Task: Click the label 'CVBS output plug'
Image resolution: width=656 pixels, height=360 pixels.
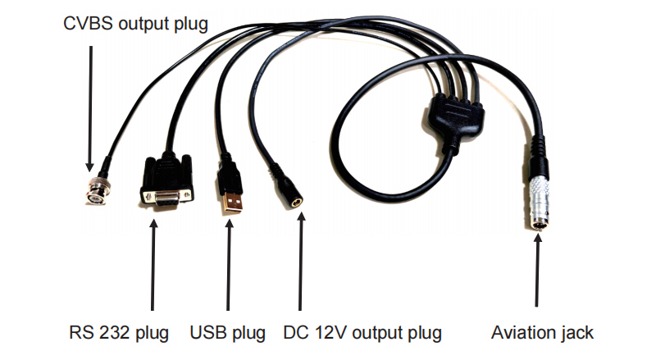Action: (x=136, y=23)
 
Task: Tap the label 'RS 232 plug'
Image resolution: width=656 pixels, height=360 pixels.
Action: (x=119, y=333)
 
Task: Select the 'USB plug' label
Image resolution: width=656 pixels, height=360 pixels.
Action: (x=228, y=333)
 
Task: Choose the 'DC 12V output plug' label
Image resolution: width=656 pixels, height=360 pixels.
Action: (x=362, y=333)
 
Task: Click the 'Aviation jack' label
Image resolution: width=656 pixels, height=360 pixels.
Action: (x=542, y=333)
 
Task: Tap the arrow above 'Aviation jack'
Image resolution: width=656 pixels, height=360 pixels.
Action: (x=537, y=271)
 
